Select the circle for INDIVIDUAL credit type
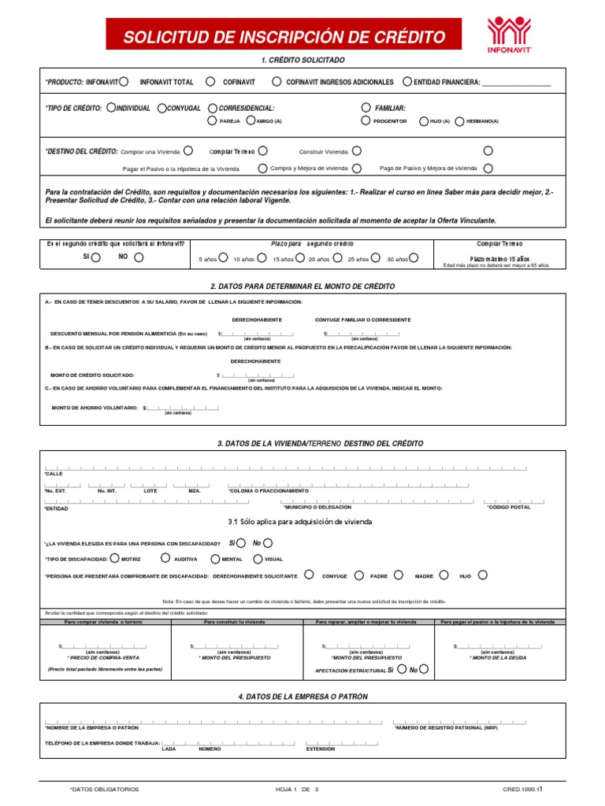click(110, 108)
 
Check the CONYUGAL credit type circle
click(161, 108)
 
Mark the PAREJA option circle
click(211, 120)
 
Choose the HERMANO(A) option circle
click(460, 120)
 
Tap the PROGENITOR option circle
click(366, 120)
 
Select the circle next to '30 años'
click(414, 257)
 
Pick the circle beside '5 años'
click(223, 257)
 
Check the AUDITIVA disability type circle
click(165, 558)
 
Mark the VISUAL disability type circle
click(258, 558)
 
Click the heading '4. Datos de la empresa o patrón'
click(302, 697)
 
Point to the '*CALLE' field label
click(54, 474)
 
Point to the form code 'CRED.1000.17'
click(522, 789)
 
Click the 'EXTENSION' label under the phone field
click(321, 749)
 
